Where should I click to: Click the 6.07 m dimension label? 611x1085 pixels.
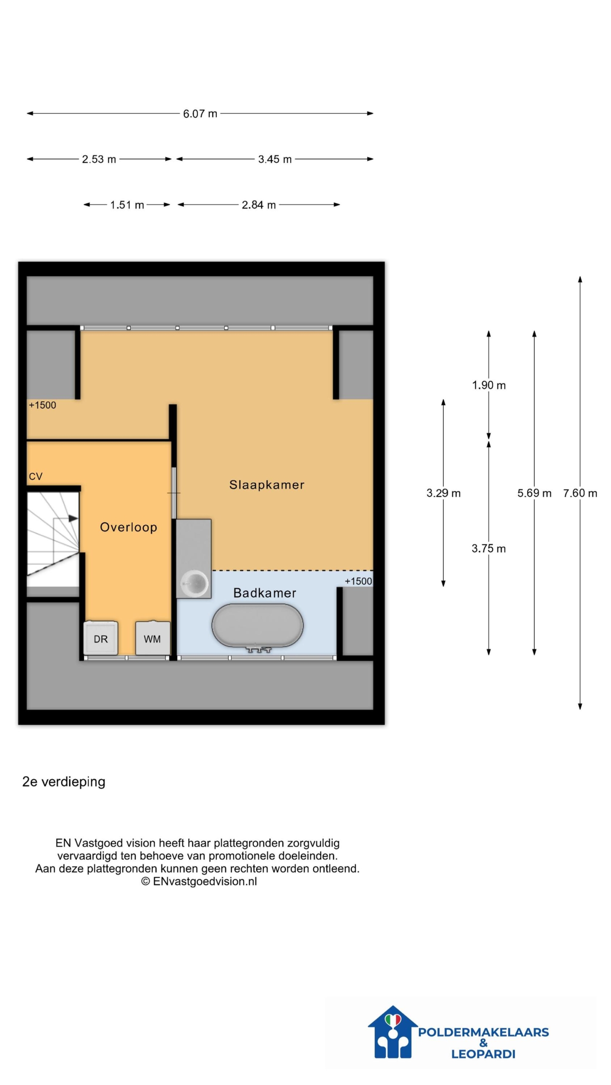click(200, 114)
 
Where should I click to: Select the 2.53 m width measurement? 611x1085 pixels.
click(99, 159)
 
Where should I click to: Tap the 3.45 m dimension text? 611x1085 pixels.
click(275, 159)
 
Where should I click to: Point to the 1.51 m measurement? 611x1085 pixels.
click(127, 205)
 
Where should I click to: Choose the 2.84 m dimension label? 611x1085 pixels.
click(259, 205)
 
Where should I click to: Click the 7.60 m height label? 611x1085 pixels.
click(580, 493)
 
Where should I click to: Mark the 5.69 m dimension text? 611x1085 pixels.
click(534, 493)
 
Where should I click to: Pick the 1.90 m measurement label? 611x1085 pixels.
click(489, 385)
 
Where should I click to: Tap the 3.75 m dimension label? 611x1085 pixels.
click(489, 548)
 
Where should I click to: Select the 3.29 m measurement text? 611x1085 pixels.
click(443, 493)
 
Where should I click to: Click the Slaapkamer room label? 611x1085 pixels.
click(267, 485)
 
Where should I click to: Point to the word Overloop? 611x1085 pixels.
click(129, 527)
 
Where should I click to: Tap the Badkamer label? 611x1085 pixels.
click(265, 593)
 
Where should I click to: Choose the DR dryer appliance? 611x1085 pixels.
click(101, 638)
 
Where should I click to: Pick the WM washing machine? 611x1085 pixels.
click(152, 638)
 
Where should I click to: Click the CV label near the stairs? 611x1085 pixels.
click(36, 476)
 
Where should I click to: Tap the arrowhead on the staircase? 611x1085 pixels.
click(73, 518)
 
